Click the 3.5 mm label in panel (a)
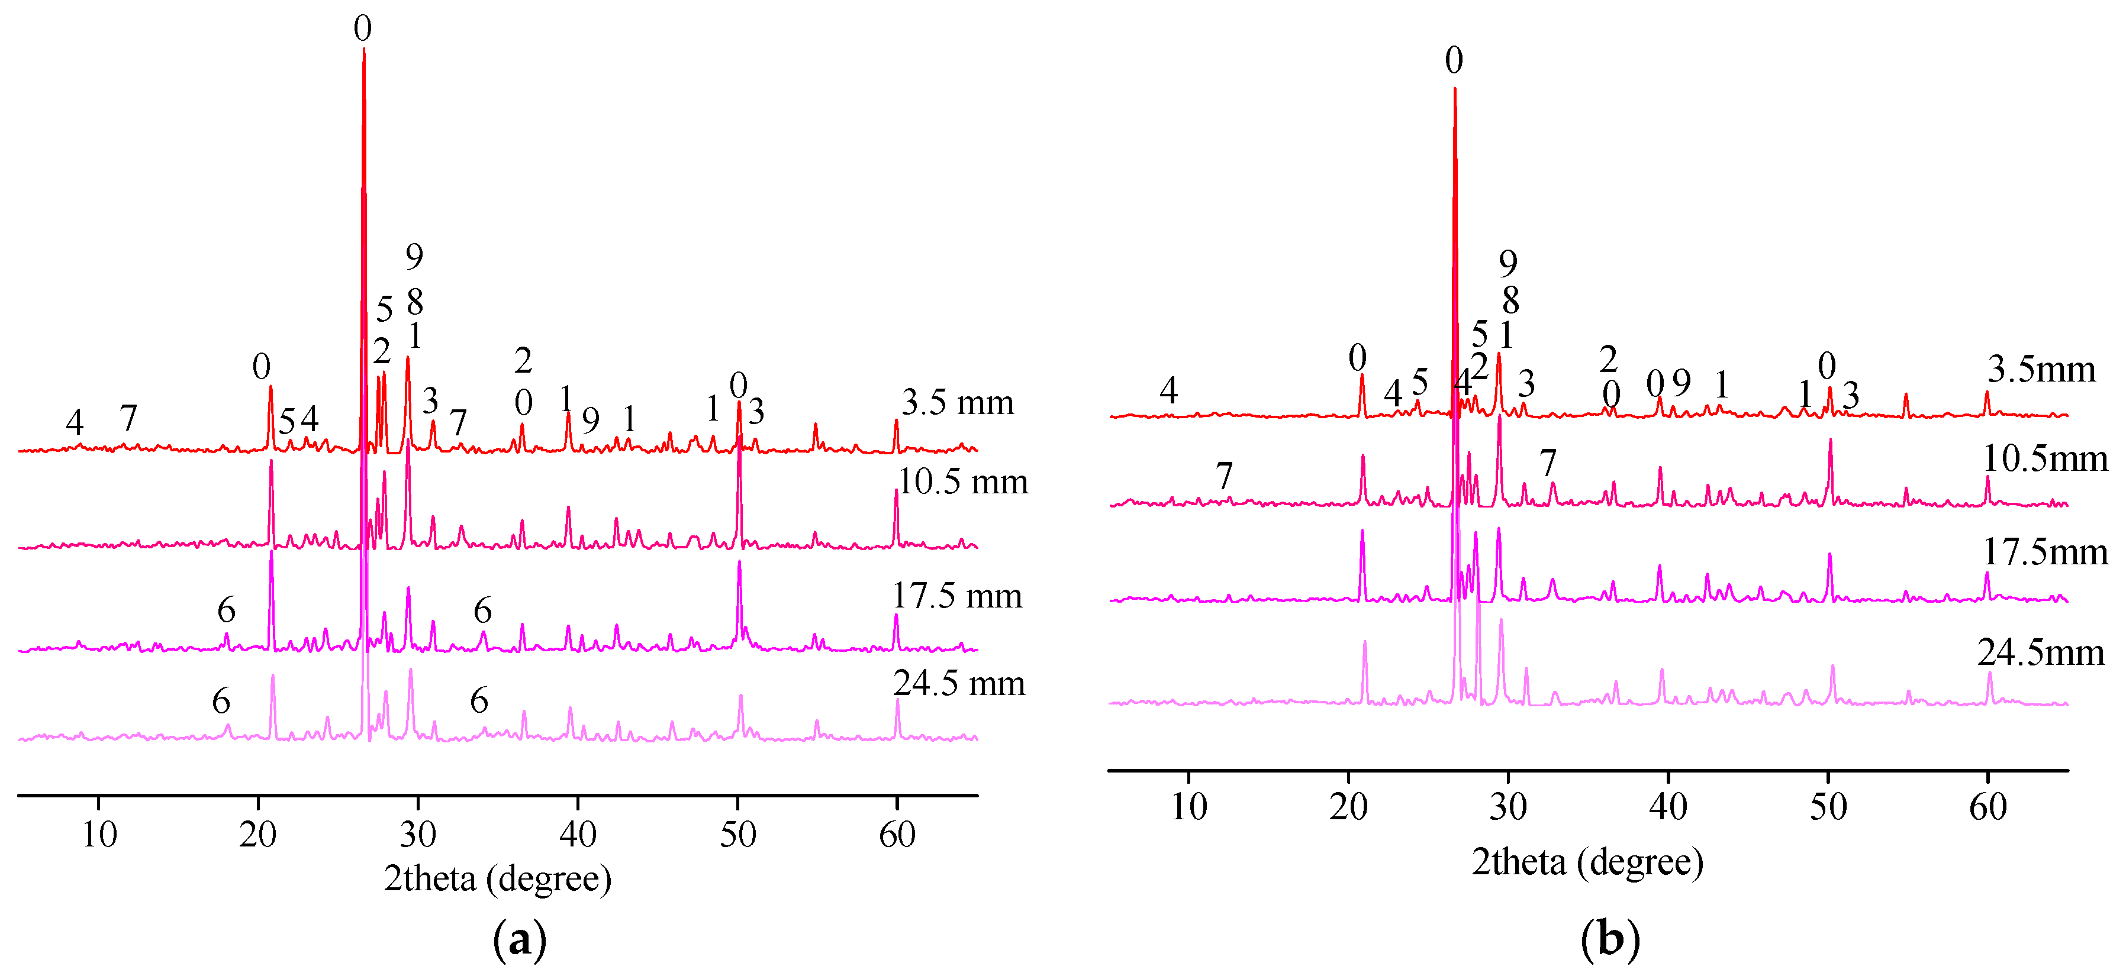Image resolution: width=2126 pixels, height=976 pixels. (958, 403)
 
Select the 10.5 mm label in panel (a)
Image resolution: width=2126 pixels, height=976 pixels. (962, 482)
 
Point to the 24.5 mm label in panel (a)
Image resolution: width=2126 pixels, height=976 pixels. (958, 683)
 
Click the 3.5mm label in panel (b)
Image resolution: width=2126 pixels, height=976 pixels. (2041, 370)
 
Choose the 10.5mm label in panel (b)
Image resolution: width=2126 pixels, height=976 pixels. (2044, 458)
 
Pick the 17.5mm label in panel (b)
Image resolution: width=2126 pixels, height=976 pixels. (2044, 552)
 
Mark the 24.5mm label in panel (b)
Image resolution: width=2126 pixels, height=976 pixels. (2040, 652)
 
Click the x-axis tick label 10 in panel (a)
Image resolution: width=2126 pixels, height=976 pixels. (99, 835)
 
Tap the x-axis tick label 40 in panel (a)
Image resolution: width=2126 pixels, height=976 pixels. (578, 835)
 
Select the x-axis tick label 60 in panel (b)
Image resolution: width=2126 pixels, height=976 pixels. (1988, 807)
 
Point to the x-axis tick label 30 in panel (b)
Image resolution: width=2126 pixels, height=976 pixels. (1508, 807)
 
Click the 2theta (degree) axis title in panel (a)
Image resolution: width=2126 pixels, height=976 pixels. (498, 878)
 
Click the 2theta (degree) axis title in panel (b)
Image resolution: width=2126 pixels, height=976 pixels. (1587, 862)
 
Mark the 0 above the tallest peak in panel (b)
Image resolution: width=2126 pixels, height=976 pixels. (1454, 60)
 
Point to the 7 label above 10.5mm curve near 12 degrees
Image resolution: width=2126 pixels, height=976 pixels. (1224, 476)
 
